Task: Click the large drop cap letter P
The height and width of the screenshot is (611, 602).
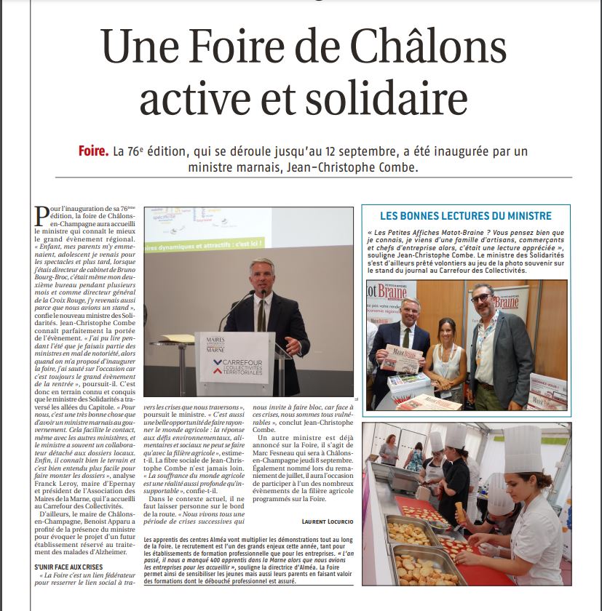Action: (42, 216)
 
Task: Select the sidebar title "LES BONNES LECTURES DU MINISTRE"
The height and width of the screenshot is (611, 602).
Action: (466, 216)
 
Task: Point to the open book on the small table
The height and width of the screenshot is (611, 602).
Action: (179, 338)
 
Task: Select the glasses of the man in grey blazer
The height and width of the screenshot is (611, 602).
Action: (480, 298)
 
